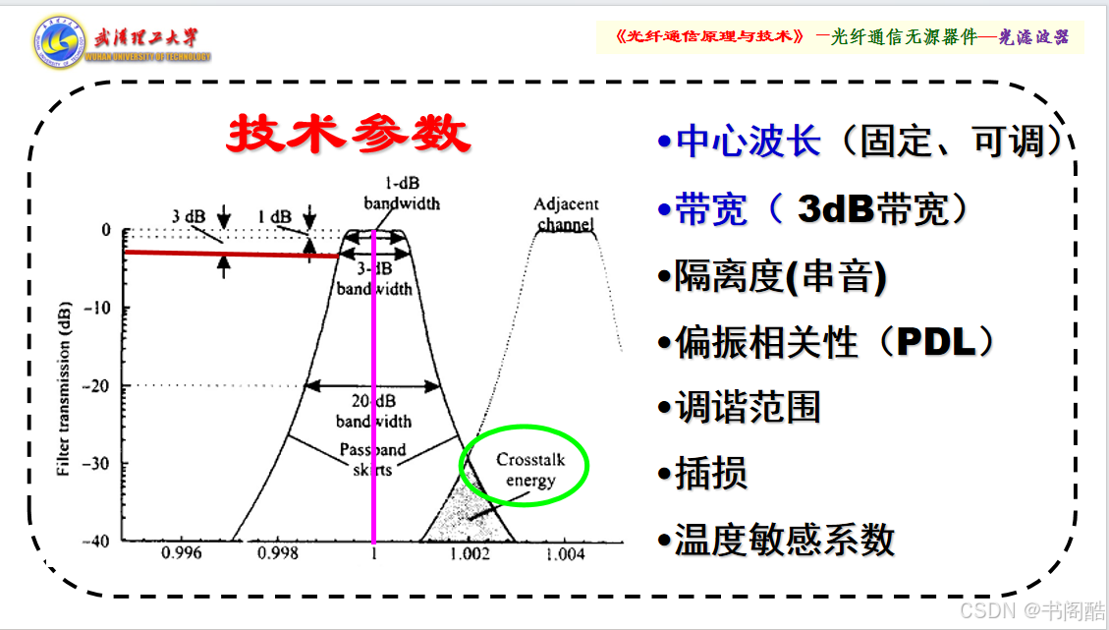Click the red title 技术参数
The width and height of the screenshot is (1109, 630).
pos(349,133)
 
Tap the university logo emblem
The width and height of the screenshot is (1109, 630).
pos(59,42)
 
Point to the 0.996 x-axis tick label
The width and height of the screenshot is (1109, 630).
pos(181,553)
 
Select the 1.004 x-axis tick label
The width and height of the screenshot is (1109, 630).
pos(565,554)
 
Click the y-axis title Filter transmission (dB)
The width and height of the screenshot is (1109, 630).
pos(64,388)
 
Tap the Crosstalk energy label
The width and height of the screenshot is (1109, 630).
pos(530,470)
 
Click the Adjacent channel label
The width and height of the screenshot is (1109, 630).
pos(566,214)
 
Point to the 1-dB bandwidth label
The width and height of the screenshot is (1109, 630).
pos(402,194)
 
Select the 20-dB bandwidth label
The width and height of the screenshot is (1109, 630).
pos(373,411)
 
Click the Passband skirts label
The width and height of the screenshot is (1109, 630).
pos(372,459)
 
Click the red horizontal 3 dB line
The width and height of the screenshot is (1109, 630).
pos(231,254)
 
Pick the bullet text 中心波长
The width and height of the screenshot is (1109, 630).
pos(749,142)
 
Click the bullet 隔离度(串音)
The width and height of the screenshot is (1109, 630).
pos(780,276)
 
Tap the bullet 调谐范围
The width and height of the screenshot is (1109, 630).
pos(748,407)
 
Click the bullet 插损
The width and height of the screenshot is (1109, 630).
pos(711,473)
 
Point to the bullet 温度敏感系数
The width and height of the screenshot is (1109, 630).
pos(785,540)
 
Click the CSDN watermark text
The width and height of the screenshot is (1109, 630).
pos(1032,610)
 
